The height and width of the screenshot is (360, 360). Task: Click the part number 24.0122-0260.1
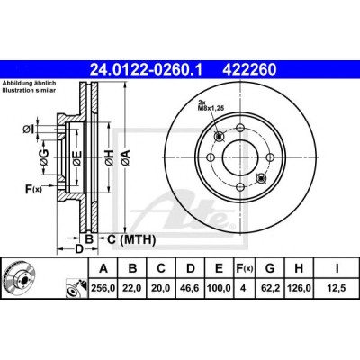(x=147, y=70)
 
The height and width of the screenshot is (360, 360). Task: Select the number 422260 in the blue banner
(x=248, y=70)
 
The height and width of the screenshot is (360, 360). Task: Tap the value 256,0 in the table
(x=103, y=288)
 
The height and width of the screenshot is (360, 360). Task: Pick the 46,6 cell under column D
(x=191, y=288)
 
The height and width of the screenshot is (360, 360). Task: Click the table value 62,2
(x=270, y=288)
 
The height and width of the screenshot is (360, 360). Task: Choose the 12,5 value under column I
(x=337, y=288)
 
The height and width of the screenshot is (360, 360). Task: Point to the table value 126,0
(x=299, y=288)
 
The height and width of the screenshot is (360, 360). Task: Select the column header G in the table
(x=270, y=268)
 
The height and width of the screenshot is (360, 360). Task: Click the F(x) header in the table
(x=244, y=268)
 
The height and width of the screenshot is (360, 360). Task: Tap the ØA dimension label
(x=126, y=157)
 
